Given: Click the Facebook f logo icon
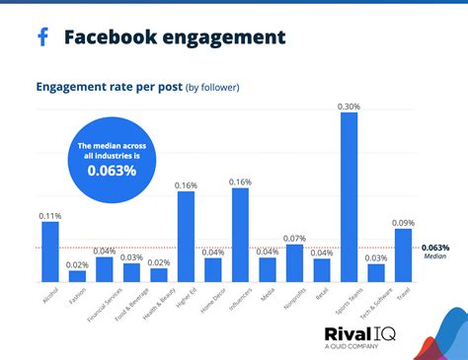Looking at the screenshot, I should (42, 37).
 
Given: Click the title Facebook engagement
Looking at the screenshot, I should (175, 37).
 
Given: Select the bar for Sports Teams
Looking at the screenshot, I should (349, 197).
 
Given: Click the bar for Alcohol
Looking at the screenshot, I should (49, 252).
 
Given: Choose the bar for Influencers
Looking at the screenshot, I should (240, 235).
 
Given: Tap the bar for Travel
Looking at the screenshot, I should (403, 255).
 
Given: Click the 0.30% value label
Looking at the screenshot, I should (349, 106).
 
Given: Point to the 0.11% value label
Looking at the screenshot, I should (49, 214).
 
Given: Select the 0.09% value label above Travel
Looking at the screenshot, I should (403, 222).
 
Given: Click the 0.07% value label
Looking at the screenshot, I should (294, 238).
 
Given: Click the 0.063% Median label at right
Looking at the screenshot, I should (435, 251).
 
